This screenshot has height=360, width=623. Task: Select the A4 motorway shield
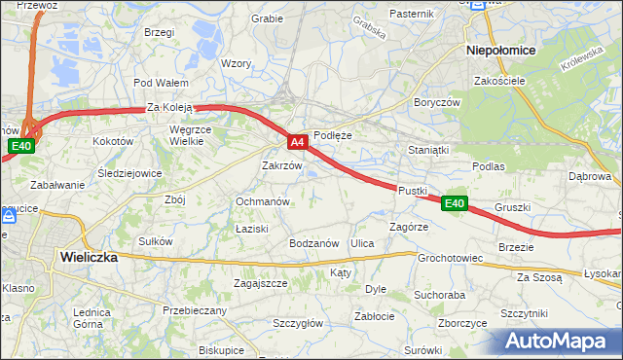(299, 142)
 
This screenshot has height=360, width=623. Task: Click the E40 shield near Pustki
(455, 203)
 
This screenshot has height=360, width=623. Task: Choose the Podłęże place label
(332, 136)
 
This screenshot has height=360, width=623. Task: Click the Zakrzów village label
(282, 165)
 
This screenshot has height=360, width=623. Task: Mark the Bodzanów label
(313, 243)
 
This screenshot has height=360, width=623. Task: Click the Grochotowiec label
(451, 259)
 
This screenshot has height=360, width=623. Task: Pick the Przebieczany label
(195, 310)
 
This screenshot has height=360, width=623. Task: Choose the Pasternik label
(411, 14)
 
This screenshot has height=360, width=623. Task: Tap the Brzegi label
(159, 32)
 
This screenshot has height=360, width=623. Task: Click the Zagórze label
(409, 226)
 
